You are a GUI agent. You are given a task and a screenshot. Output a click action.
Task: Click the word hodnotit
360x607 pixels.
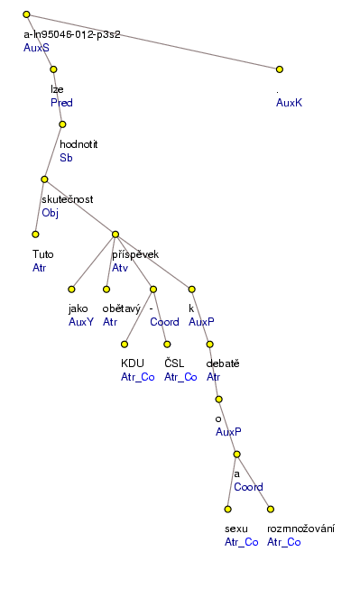(78, 144)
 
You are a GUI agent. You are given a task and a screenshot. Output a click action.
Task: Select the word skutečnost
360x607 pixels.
(68, 199)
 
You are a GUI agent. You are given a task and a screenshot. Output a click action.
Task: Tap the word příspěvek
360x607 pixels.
(135, 254)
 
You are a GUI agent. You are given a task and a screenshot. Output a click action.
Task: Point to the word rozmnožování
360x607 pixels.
(300, 528)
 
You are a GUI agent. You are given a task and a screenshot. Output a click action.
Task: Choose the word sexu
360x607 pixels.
(236, 528)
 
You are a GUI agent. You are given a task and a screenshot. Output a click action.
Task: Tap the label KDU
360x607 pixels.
(133, 363)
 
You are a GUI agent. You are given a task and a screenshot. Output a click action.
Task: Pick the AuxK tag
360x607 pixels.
(289, 103)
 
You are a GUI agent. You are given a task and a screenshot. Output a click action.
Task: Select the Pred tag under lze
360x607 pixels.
(60, 103)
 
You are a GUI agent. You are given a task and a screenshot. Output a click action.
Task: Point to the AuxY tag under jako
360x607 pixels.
(81, 321)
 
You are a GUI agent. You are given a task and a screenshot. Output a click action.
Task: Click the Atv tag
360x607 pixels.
(121, 267)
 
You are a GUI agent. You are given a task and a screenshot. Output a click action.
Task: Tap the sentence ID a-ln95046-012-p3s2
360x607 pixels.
(72, 35)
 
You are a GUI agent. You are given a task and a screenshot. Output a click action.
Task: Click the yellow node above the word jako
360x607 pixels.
(71, 289)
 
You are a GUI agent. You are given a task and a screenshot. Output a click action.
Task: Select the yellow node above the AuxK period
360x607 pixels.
(280, 69)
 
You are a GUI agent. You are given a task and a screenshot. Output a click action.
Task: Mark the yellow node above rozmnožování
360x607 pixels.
(270, 509)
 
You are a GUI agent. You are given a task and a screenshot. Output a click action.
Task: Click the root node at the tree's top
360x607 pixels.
(26, 15)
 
